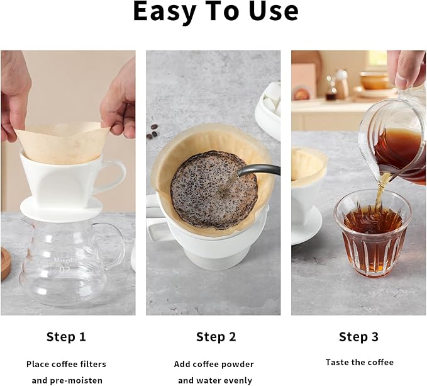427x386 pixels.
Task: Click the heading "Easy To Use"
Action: [216, 13]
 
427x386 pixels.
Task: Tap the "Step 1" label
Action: [66, 337]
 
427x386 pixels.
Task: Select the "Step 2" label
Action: [216, 337]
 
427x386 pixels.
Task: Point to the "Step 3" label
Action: [358, 337]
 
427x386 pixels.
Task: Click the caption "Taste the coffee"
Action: [359, 362]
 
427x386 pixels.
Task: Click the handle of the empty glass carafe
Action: [117, 242]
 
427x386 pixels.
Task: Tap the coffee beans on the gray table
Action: [152, 134]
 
